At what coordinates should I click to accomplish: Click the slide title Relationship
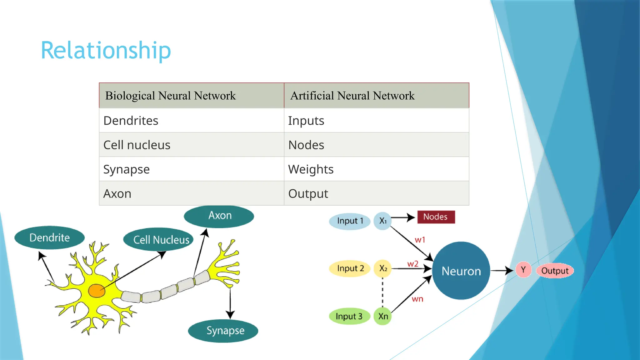pos(106,50)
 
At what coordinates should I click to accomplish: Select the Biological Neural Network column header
pos(171,96)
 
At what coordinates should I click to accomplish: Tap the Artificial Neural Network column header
pos(352,96)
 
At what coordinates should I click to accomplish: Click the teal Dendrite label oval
pos(49,237)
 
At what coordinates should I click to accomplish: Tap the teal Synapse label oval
pos(223,331)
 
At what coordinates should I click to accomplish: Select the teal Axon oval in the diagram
pos(219,216)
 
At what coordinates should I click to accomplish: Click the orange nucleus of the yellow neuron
pos(97,291)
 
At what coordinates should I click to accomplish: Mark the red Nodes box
pos(436,217)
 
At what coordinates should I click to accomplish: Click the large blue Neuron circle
pos(461,271)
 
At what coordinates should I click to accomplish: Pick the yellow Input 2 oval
pos(350,268)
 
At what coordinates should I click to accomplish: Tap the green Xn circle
pos(383,316)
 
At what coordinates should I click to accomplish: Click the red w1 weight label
pos(420,240)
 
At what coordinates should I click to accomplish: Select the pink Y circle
pos(523,270)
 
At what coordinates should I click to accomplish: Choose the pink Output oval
pos(555,271)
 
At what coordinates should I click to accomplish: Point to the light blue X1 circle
pos(382,221)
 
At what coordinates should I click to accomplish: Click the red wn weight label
pos(417,299)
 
